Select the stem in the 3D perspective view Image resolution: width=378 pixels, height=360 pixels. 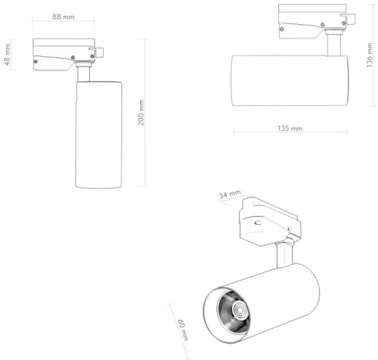pos(284,255)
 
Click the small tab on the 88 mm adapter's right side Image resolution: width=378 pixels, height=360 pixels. pos(103,53)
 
